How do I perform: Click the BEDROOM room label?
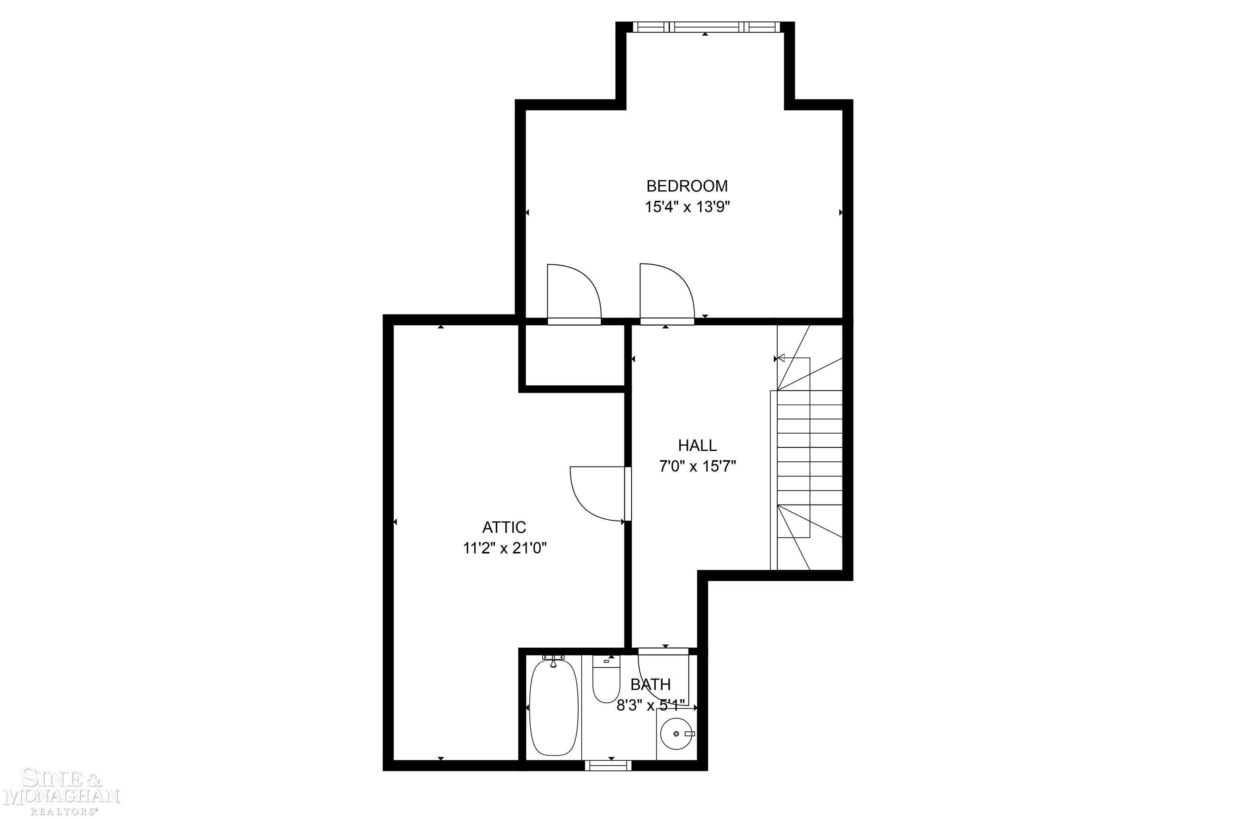tap(686, 186)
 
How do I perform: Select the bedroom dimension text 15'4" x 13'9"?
tap(686, 207)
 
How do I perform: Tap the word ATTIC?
tap(504, 527)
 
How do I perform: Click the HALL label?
tap(697, 446)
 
